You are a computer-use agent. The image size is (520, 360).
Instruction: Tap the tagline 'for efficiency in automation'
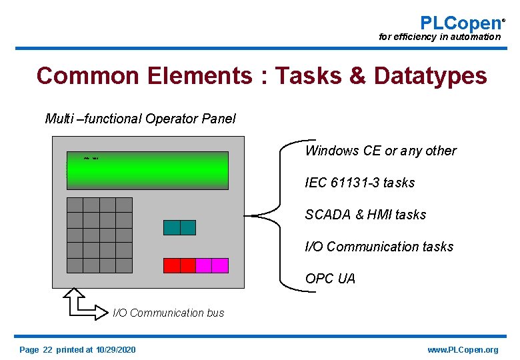pos(439,37)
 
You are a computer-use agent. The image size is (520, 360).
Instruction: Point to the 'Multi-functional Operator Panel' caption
pos(140,119)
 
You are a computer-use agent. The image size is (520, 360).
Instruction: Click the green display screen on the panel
pos(147,171)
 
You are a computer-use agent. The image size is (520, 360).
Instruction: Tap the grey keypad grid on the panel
pos(99,235)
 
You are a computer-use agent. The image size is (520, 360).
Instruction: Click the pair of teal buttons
pos(179,227)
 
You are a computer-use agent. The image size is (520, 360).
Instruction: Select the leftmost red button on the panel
pos(171,265)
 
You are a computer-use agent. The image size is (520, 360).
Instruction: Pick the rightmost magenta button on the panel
pos(220,265)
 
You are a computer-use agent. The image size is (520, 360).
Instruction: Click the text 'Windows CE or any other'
pos(381,151)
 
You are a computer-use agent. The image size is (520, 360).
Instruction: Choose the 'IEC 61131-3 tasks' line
pos(359,183)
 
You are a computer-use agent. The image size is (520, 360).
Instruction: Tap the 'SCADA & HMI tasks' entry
pos(365,215)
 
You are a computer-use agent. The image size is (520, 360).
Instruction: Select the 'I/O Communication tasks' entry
pos(379,247)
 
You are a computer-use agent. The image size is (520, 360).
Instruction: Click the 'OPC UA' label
pos(330,279)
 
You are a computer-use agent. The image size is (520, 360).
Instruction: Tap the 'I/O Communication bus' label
pos(168,313)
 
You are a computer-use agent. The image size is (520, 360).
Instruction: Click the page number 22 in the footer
pos(47,350)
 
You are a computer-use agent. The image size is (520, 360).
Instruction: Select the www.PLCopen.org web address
pos(462,350)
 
